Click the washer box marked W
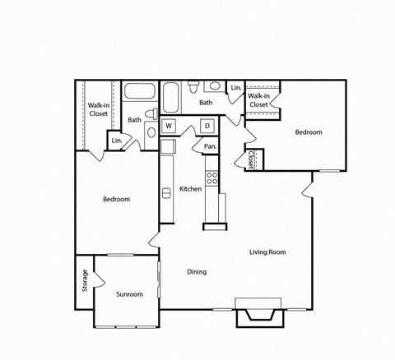click(x=169, y=126)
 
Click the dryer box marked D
click(x=207, y=126)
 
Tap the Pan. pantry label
click(x=210, y=147)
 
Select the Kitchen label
click(x=191, y=189)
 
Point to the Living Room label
click(x=267, y=252)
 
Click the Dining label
click(x=196, y=272)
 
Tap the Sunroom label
click(x=128, y=293)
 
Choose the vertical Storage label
click(x=84, y=281)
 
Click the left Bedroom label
click(x=116, y=199)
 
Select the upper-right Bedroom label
click(x=309, y=132)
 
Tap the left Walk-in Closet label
click(x=99, y=109)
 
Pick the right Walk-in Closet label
click(x=258, y=100)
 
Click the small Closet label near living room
click(x=251, y=159)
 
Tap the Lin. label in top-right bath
click(x=235, y=88)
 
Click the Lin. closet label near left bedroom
click(x=116, y=141)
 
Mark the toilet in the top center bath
click(x=192, y=85)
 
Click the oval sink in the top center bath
click(x=213, y=86)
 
